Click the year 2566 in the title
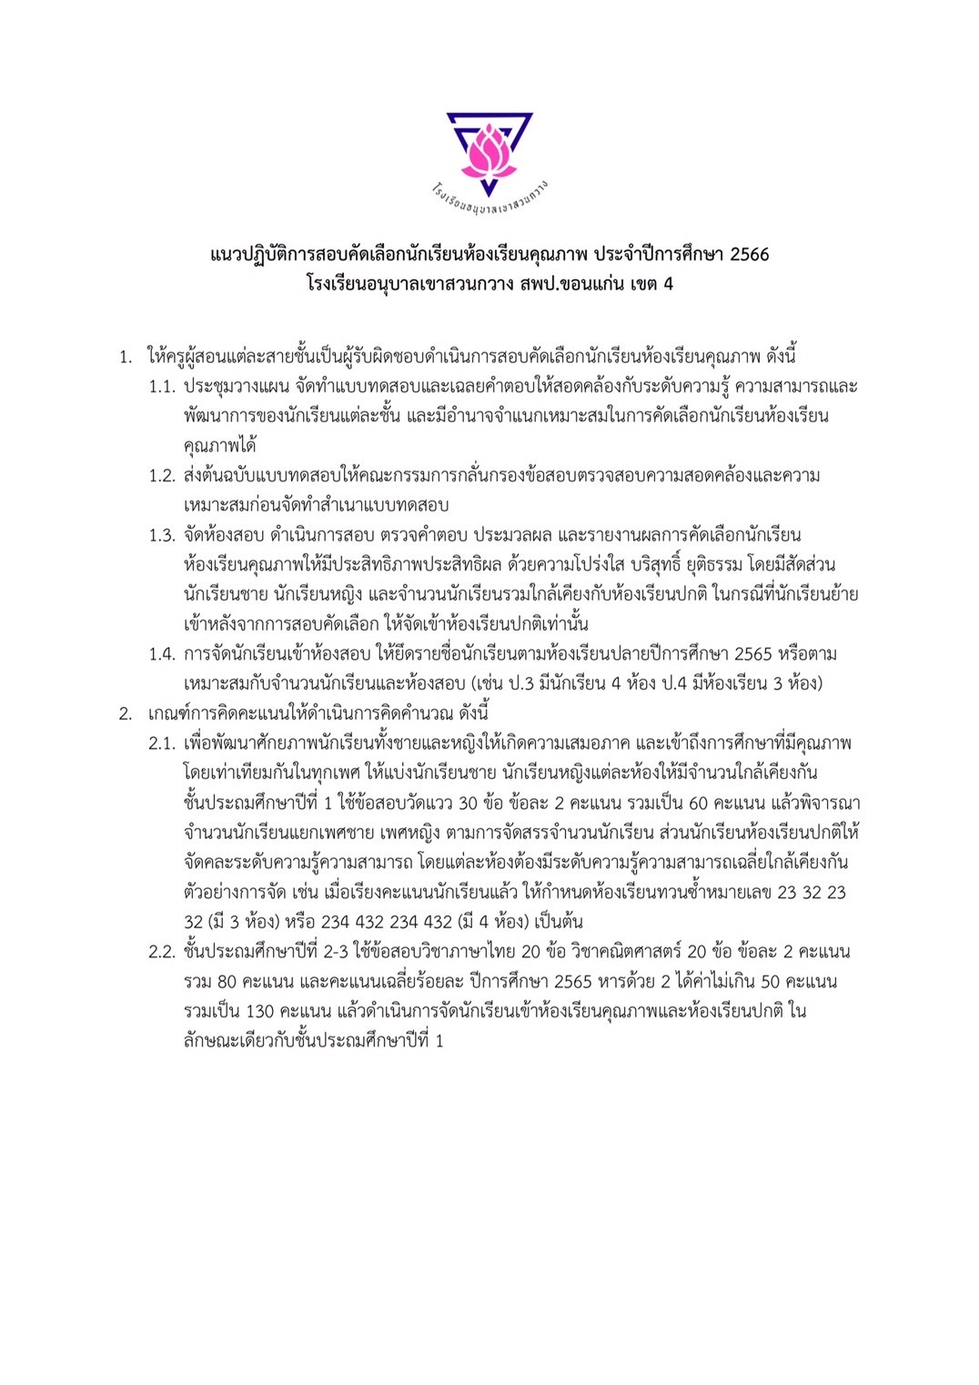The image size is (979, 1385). pos(749,255)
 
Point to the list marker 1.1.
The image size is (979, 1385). pos(162,387)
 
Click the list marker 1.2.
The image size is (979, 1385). pos(162,476)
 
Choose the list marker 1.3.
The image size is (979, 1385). pos(162,535)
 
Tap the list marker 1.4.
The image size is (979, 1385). pos(162,654)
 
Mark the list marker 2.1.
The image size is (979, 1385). pos(162,743)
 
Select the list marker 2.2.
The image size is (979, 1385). pos(162,952)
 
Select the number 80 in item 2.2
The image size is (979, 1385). pos(227,982)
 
